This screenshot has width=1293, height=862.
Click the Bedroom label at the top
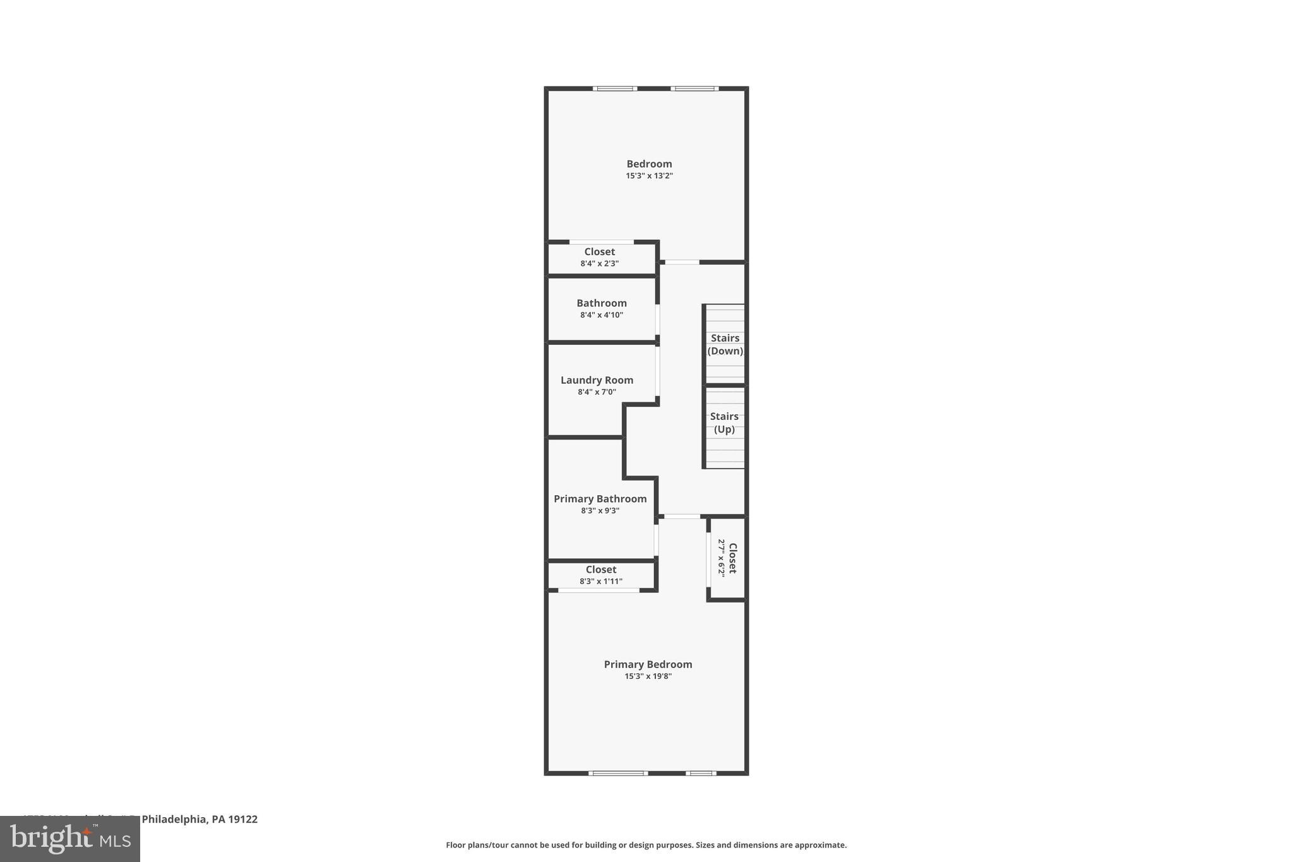(649, 164)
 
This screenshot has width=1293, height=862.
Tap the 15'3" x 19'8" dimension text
(648, 676)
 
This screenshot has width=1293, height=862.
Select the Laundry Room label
(597, 380)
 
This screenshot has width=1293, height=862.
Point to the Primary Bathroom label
(600, 499)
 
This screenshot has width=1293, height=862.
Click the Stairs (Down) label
(725, 344)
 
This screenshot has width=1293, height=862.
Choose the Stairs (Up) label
(724, 422)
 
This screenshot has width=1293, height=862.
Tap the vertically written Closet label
(732, 558)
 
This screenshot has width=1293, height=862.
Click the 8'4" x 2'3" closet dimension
(599, 263)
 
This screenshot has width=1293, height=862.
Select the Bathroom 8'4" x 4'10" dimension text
(601, 315)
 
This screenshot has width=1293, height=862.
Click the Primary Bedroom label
(648, 664)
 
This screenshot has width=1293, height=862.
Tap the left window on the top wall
(615, 89)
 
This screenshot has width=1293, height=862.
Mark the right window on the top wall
(694, 89)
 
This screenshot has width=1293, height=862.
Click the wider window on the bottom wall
(618, 773)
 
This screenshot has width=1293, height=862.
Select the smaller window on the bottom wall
(701, 773)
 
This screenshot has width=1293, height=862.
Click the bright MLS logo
(70, 839)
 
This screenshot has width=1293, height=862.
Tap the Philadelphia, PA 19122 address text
(199, 819)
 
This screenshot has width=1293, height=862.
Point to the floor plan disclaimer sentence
(646, 845)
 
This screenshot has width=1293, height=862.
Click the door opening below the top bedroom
(682, 262)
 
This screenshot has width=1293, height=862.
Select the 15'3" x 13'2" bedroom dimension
(649, 176)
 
